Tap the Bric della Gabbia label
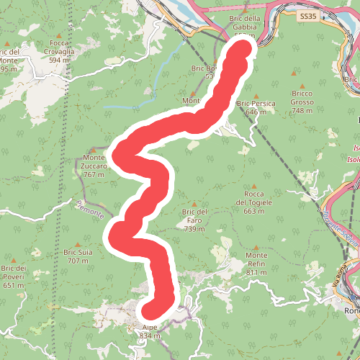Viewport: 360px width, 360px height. pos(243,23)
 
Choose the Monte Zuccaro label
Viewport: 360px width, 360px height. pos(95,162)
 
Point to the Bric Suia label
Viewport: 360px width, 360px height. pos(78,257)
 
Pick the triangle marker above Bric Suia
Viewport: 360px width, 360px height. pos(78,245)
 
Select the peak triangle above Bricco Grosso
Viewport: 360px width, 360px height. pos(294,75)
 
